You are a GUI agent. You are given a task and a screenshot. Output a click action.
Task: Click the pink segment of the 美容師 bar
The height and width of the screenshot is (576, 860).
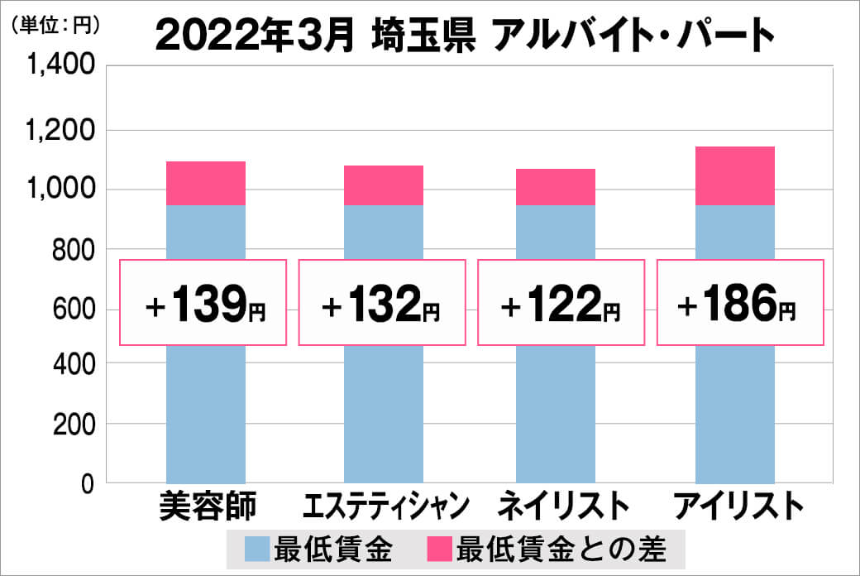(x=206, y=183)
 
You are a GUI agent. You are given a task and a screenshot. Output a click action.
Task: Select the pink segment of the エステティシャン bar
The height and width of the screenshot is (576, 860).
(x=383, y=185)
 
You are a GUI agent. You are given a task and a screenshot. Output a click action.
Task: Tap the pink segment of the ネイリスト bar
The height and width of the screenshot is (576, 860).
(x=556, y=187)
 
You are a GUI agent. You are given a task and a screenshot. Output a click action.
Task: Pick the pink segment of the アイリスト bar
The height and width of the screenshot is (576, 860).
(x=734, y=175)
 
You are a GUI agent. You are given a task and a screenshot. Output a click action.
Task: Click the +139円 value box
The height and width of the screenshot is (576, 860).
(x=204, y=303)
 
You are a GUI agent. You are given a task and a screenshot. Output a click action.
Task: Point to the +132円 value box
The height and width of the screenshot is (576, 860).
(x=382, y=303)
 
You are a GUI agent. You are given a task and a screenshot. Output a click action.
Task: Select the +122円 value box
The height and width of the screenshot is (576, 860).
(x=561, y=303)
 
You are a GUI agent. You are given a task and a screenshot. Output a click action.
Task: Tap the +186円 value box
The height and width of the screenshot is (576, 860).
(x=739, y=303)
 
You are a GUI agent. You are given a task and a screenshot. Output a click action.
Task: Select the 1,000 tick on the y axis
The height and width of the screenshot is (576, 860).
(x=62, y=190)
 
